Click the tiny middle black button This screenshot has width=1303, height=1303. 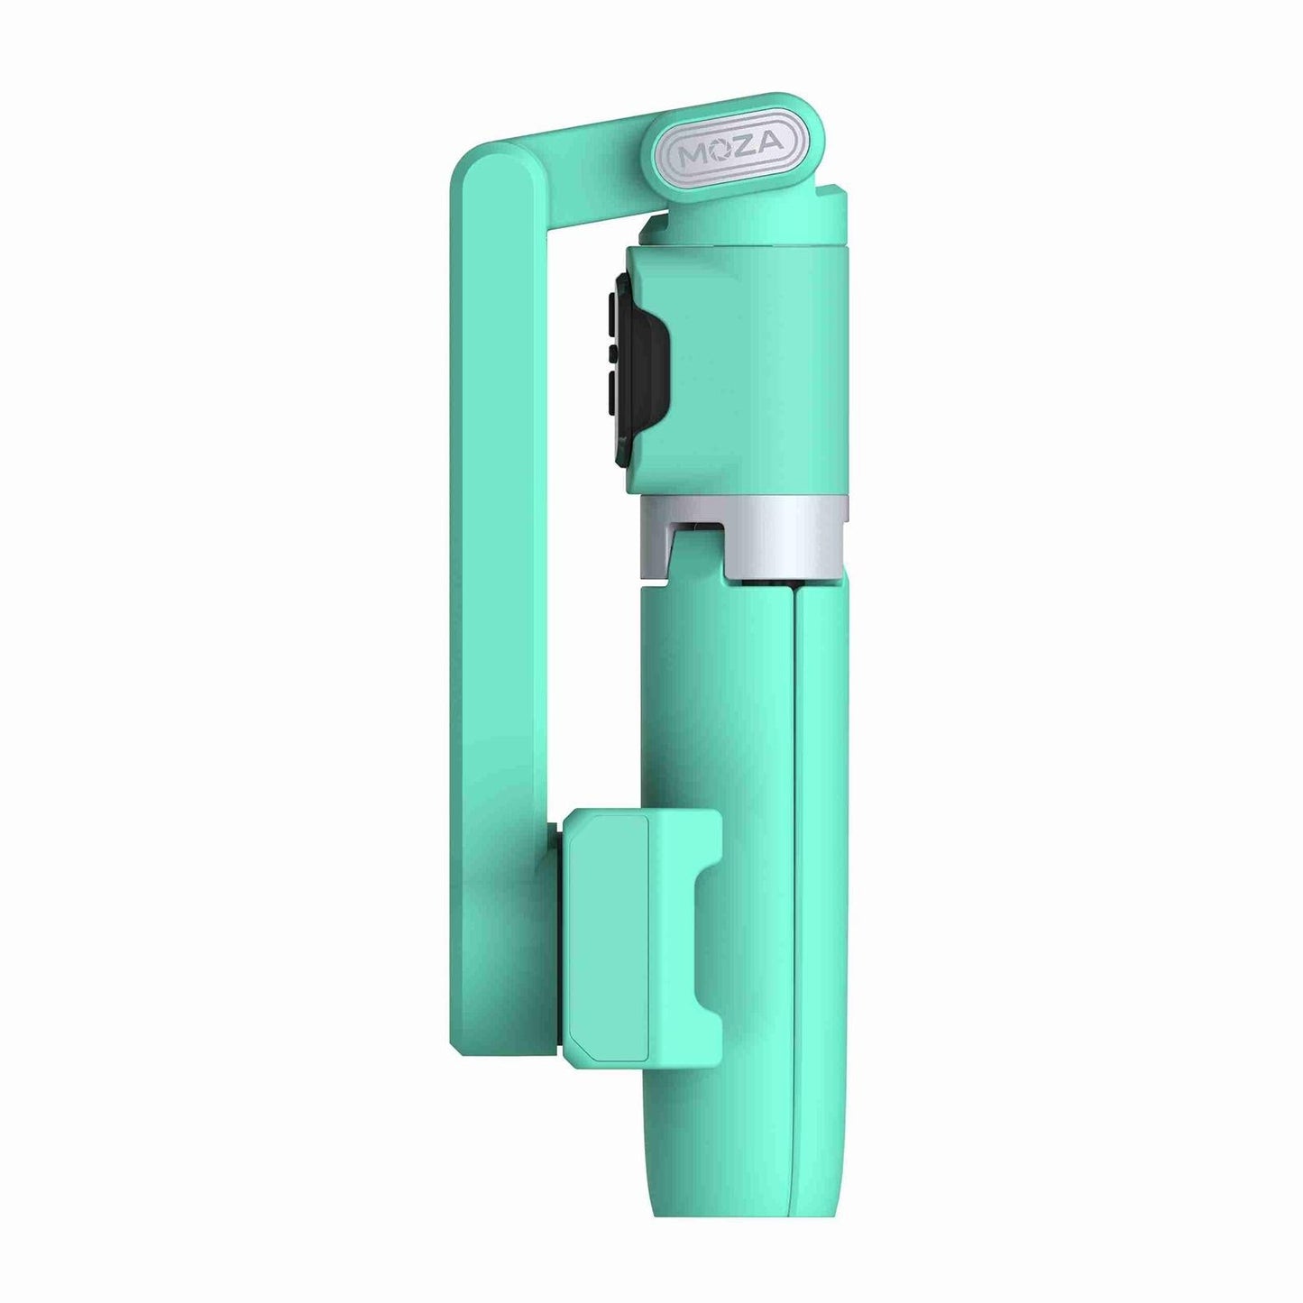(x=612, y=352)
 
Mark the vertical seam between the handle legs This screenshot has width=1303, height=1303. (x=794, y=857)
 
